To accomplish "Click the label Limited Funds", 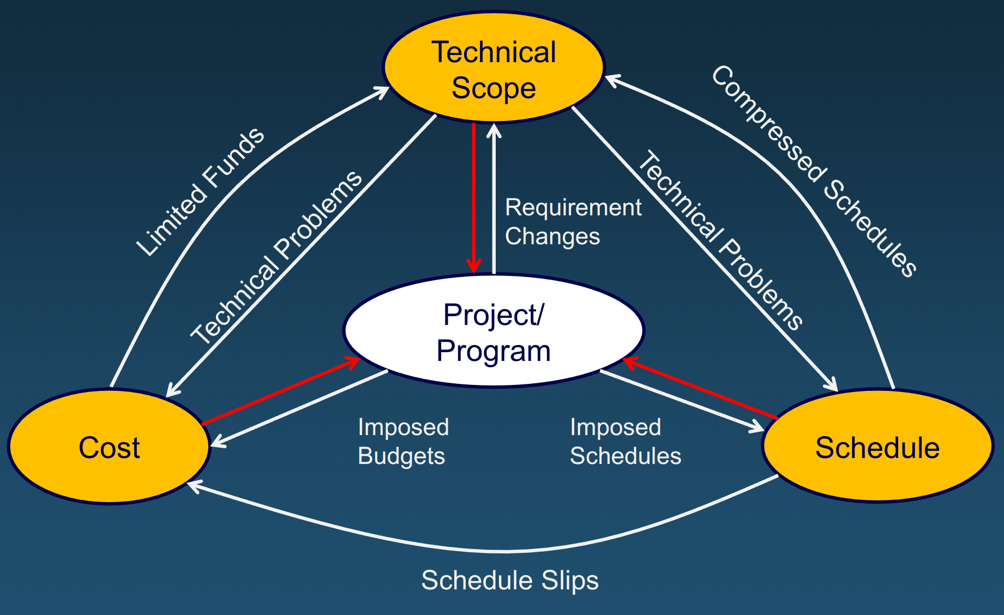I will tap(201, 192).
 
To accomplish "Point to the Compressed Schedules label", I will tap(814, 171).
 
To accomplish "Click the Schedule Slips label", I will tap(510, 580).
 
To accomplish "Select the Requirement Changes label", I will tap(573, 222).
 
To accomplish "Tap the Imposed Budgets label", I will tap(403, 442).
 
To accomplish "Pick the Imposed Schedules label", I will tap(625, 442).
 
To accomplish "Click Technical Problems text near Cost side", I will tap(276, 257).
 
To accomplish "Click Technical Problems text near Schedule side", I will tap(719, 240).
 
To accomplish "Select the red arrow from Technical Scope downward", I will tap(473, 196).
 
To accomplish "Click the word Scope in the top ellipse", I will tap(494, 88).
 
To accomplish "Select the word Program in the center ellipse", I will tap(494, 351).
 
